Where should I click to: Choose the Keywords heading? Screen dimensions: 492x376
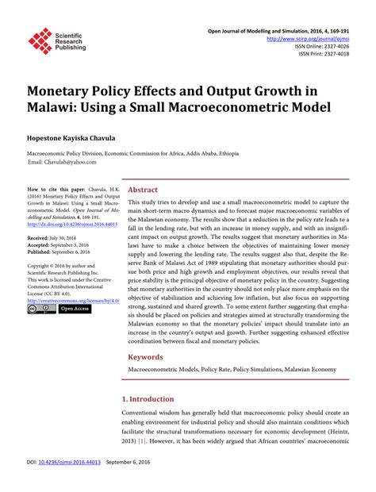coord(146,357)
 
